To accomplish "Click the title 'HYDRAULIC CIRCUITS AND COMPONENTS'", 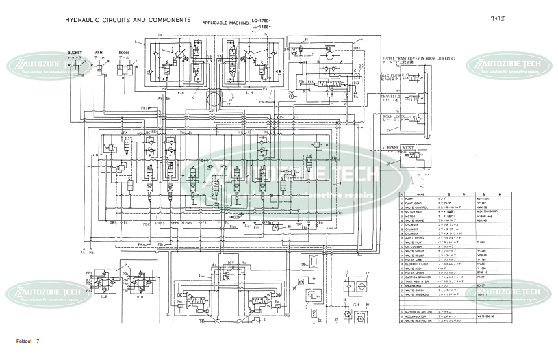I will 127,21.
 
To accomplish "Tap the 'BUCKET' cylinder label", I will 75,52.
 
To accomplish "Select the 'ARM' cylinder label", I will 99,52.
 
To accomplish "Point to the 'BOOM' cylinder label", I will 124,52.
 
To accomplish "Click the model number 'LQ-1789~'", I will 262,20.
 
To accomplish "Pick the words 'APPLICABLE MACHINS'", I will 225,23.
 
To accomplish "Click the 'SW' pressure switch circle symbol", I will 291,97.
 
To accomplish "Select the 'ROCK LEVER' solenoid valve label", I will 394,118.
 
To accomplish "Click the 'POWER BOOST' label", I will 401,148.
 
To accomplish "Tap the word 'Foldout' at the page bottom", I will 24,341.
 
